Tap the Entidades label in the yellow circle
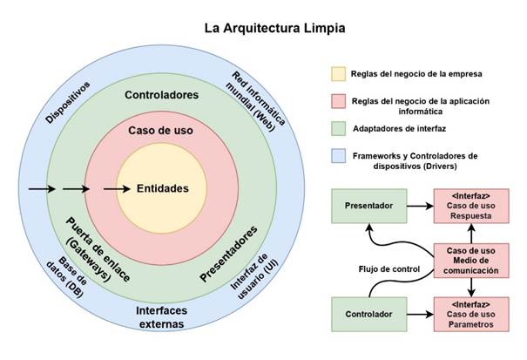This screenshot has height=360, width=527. [x=162, y=187]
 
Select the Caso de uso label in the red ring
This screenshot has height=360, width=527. [x=161, y=131]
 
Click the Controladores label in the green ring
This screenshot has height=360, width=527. [x=161, y=94]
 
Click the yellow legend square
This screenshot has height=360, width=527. [x=337, y=72]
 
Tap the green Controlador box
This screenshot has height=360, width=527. [x=368, y=311]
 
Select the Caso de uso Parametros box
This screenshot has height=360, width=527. [x=470, y=311]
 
